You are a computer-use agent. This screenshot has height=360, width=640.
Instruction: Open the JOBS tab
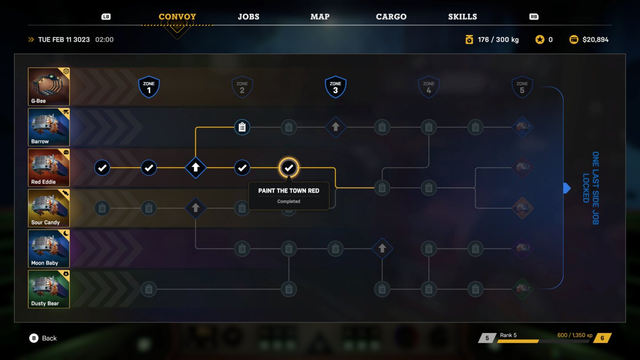248,17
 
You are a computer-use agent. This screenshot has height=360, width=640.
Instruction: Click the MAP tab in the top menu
320,17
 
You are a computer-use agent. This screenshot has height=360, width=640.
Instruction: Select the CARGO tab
391,17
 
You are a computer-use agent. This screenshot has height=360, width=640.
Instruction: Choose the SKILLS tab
462,17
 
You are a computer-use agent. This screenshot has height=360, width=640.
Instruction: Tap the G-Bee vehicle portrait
49,87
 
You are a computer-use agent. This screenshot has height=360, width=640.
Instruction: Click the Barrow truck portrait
49,127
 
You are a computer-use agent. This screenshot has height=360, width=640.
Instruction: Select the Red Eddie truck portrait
49,168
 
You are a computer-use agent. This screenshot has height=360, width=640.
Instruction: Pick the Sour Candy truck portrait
49,208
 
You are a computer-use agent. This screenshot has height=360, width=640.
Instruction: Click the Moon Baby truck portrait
49,248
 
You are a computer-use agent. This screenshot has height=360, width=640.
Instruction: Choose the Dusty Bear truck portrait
49,289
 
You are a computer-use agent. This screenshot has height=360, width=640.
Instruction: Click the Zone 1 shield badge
149,87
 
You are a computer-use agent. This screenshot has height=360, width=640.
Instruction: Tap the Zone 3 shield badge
336,87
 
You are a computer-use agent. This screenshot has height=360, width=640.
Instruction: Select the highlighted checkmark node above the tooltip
289,168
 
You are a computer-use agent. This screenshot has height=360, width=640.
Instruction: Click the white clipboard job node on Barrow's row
242,128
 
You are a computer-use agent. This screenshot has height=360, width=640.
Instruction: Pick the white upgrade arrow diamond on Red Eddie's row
196,168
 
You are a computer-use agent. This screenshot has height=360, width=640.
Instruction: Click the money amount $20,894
595,40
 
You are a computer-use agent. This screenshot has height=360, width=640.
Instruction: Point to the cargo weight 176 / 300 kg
498,40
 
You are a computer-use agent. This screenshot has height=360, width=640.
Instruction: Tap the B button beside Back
34,338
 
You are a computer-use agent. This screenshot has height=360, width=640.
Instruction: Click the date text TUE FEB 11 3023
64,40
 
